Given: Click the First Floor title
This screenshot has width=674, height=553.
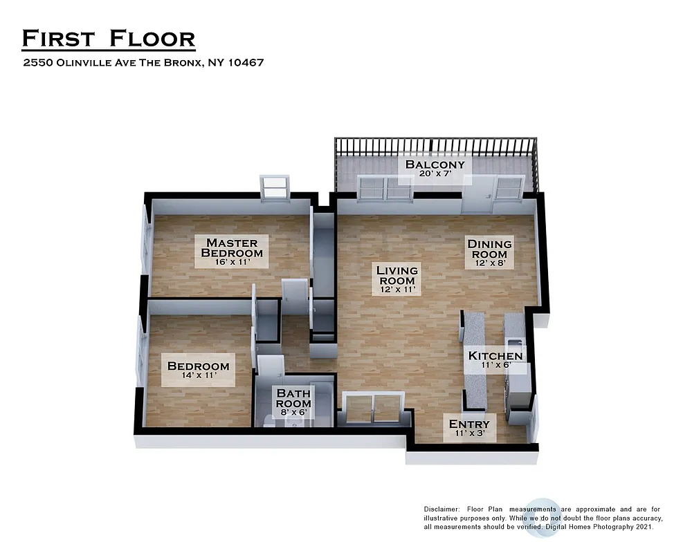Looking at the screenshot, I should pos(109,38).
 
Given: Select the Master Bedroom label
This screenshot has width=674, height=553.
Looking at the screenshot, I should pos(232,247).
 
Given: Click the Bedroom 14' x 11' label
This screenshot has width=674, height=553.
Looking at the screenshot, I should pos(198,370).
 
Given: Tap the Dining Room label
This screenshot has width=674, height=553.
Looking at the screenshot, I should pos(489,248).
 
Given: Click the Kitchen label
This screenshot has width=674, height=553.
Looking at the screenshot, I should pos(495,359).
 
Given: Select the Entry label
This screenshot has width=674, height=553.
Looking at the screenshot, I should pos(469,428).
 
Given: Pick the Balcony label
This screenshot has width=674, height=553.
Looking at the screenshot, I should pos(435,168).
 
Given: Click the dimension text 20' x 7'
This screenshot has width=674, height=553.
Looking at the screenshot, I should pos(435,176).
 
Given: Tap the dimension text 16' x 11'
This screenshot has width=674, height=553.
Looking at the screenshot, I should pos(231,263).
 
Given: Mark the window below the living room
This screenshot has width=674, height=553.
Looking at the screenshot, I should pos(373,408).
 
